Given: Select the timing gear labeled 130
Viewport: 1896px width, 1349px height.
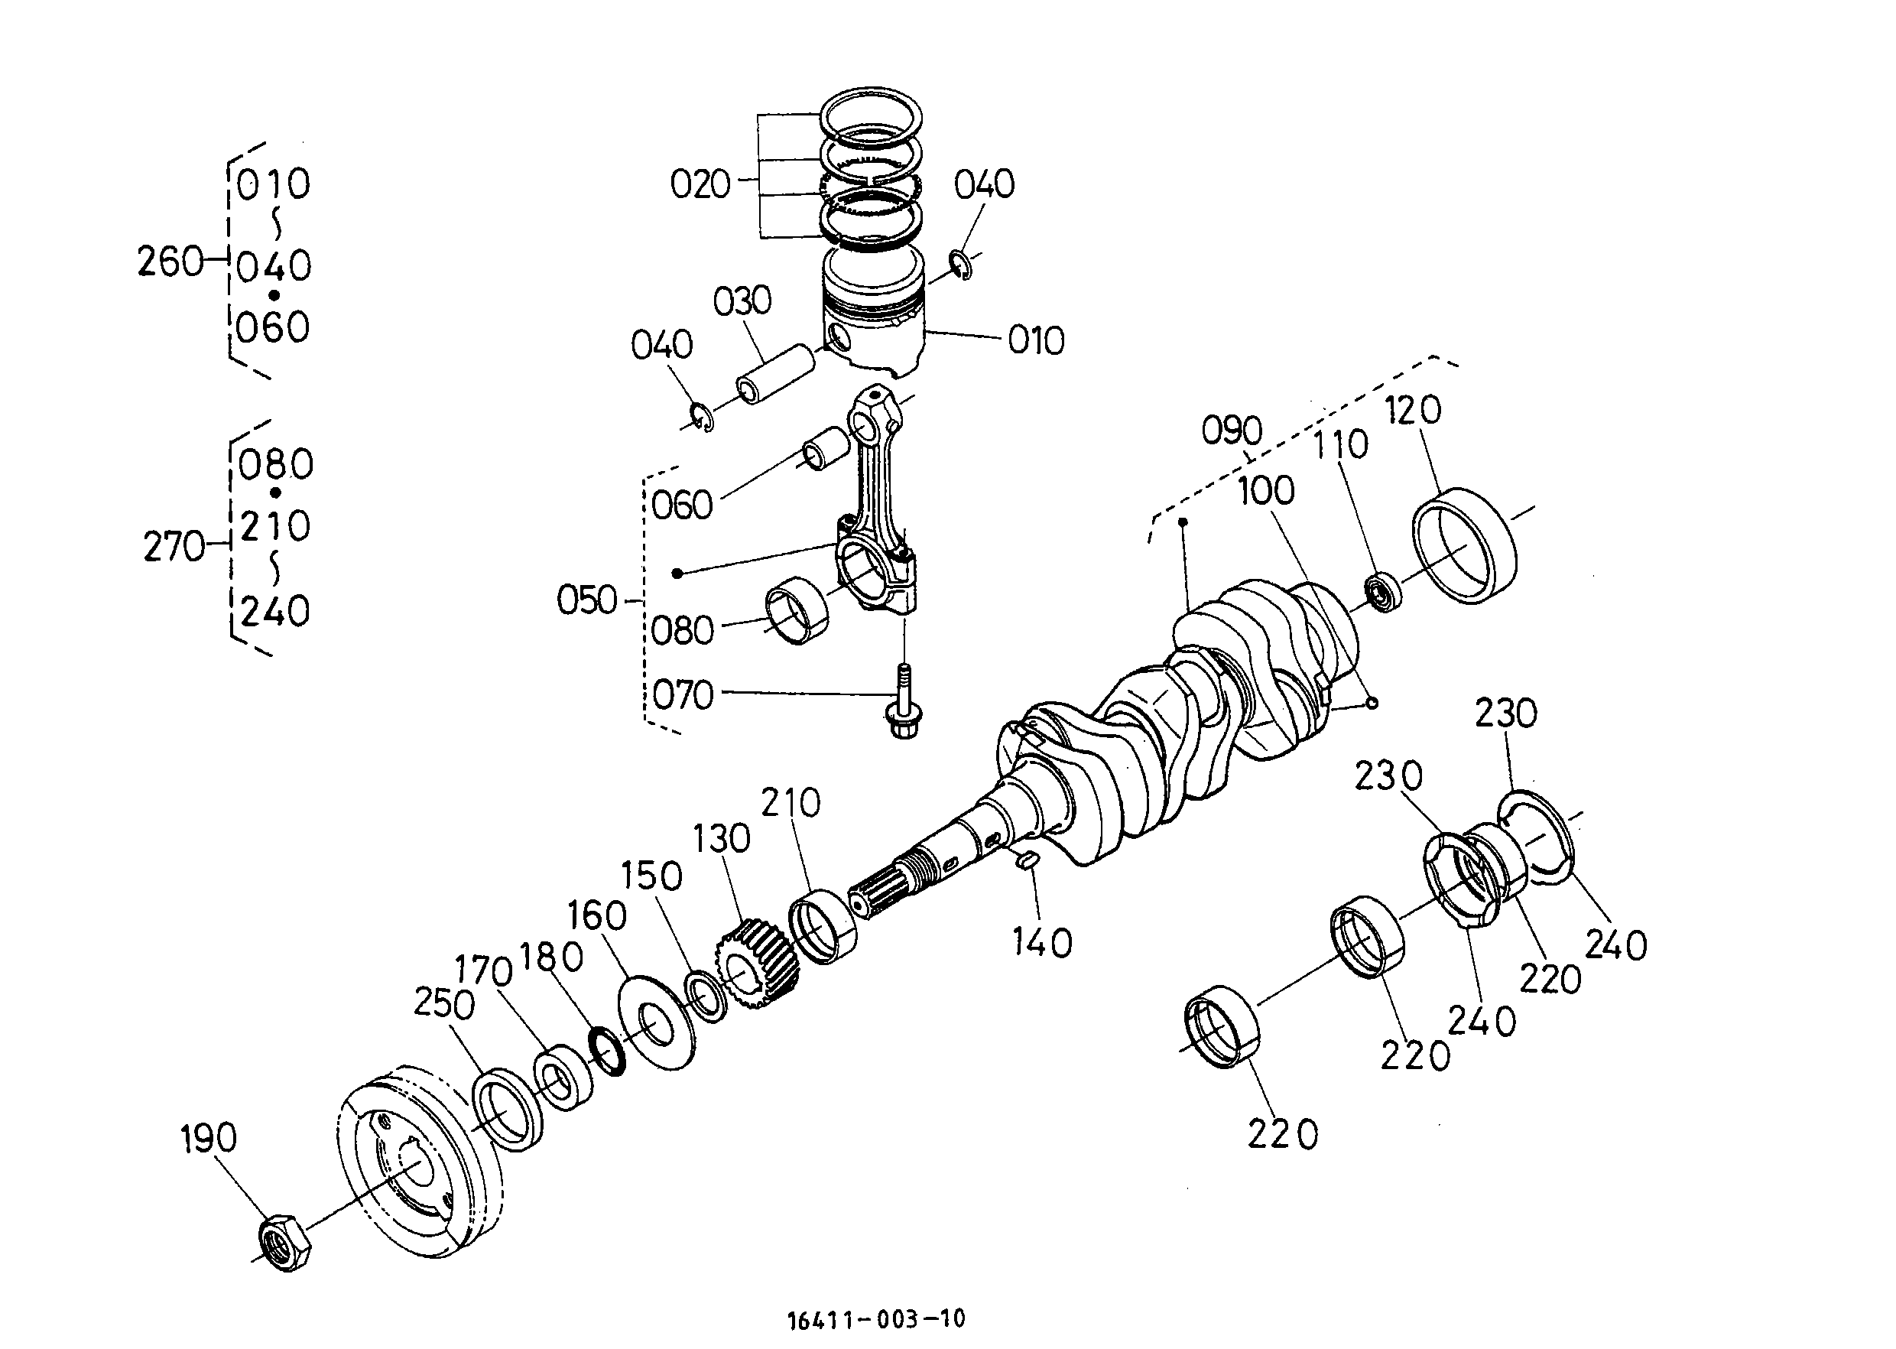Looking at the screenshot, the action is pos(757,963).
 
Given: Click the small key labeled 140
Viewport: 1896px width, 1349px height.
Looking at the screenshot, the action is pos(1027,859).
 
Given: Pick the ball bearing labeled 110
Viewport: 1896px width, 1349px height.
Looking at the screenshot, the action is pos(1385,592).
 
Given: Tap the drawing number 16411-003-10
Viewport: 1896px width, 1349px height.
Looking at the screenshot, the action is pos(876,1318).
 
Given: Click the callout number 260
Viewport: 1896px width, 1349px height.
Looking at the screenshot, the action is pos(170,262).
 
